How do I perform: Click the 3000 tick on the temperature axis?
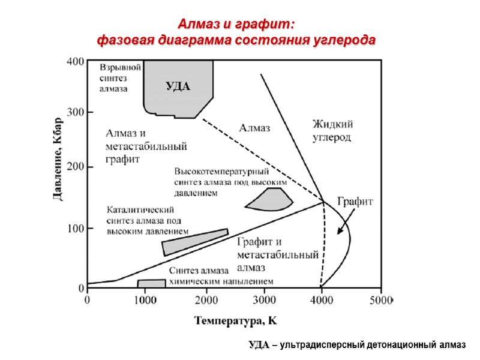264,298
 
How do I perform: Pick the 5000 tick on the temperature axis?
380,298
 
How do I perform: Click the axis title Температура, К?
235,320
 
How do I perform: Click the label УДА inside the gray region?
178,87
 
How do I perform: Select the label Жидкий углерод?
332,131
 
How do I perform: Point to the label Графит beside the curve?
355,202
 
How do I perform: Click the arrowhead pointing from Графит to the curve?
340,231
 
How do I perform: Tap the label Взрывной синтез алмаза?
120,78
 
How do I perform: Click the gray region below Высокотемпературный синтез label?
269,200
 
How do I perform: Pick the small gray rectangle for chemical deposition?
151,283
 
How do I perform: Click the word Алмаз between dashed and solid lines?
255,127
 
